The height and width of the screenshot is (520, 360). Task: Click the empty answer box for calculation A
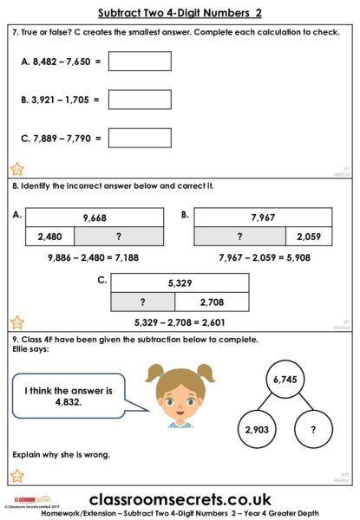(140, 62)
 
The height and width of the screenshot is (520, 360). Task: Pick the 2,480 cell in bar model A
(50, 237)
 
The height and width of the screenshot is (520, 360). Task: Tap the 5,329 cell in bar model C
(180, 283)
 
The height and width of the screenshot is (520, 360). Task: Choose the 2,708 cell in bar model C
(213, 302)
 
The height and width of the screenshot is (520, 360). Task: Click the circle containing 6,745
(287, 380)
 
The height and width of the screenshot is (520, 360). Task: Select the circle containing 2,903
(257, 429)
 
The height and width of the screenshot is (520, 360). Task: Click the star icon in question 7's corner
(17, 169)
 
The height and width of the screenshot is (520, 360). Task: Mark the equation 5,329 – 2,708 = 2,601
(180, 322)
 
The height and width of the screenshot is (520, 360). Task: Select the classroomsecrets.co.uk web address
(180, 500)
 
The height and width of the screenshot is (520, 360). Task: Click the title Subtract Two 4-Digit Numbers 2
(180, 14)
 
